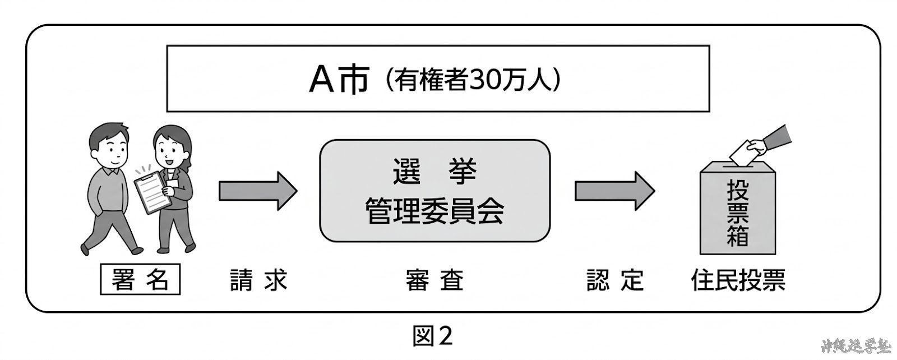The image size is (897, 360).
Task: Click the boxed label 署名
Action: coord(140,280)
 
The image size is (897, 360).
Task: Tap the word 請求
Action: coord(258,280)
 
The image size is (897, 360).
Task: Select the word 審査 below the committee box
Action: coord(434,280)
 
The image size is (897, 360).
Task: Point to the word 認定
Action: coord(614,280)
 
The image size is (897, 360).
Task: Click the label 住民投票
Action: coord(738,280)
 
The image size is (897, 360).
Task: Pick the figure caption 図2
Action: coord(432,336)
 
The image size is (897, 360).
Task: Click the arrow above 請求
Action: coord(257,191)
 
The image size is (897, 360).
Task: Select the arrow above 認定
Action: coord(614,191)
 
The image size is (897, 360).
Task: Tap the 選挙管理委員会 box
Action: coord(434,191)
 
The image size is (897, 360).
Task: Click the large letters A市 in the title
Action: coord(339,80)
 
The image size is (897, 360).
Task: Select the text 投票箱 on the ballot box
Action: coord(738,213)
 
